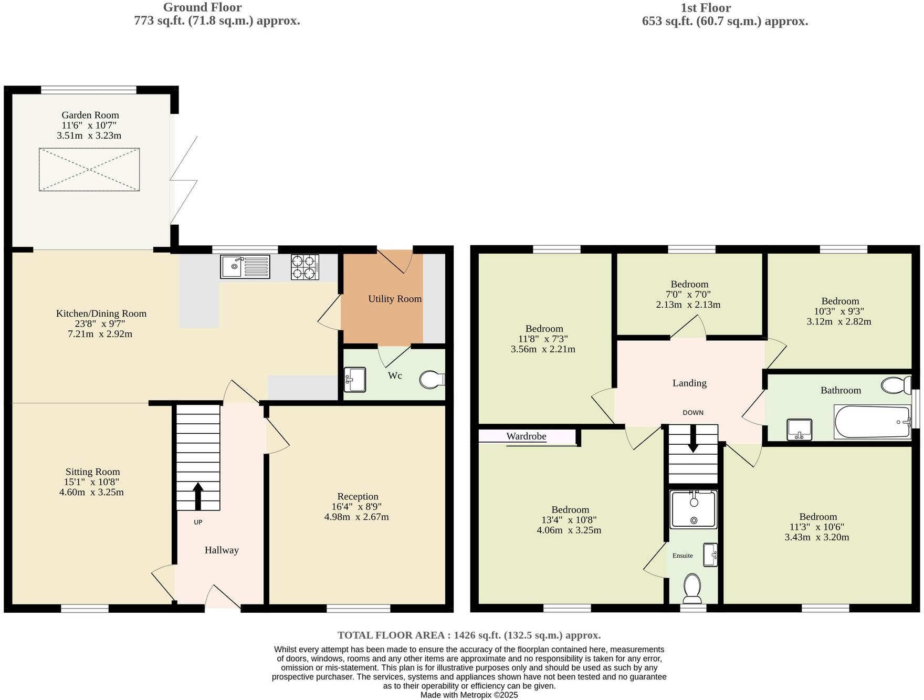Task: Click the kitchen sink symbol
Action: (245, 267)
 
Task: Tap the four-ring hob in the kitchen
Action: (305, 267)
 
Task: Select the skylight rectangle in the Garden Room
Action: (89, 169)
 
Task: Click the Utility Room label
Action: (395, 299)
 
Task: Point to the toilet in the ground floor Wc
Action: (432, 380)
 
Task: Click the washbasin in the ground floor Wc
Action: (355, 380)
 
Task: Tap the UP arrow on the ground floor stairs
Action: (198, 496)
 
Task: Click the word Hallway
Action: (222, 550)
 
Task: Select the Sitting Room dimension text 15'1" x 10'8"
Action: (91, 482)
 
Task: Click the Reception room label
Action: (358, 496)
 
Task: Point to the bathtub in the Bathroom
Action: (872, 422)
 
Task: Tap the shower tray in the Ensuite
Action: (693, 508)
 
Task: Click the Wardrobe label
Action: (526, 436)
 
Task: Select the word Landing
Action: (689, 383)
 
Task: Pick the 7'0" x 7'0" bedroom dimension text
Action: (689, 295)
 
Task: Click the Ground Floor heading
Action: (202, 7)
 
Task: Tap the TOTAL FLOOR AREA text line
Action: (469, 635)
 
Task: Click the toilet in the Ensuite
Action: (692, 588)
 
